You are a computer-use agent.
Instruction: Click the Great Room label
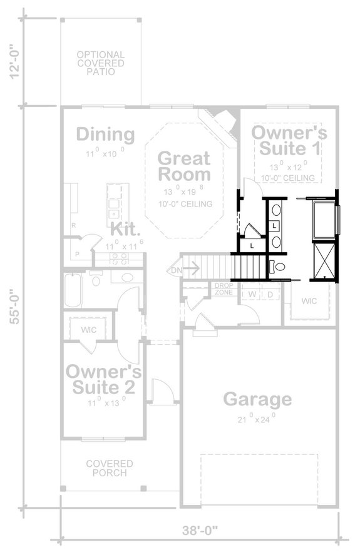[183, 166]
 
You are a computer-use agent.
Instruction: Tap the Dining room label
[105, 135]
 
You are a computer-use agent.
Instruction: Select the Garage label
[257, 399]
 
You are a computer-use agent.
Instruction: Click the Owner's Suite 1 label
[289, 141]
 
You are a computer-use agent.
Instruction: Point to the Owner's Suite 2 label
[104, 379]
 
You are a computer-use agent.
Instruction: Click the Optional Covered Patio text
[100, 63]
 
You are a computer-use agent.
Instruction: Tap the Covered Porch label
[110, 468]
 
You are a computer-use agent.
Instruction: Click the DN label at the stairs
[176, 270]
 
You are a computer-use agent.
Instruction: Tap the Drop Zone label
[224, 289]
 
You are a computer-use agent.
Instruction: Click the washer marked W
[252, 293]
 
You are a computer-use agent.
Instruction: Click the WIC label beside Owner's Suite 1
[309, 301]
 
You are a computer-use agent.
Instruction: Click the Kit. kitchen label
[123, 228]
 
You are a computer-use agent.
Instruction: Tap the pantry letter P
[77, 255]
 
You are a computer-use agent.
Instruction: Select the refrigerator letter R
[73, 225]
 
